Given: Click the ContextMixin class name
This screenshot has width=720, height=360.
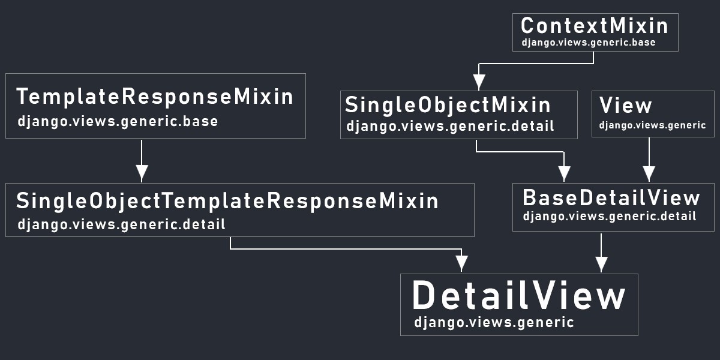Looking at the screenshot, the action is [595, 26].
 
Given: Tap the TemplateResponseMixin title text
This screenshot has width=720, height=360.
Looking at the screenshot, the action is [155, 97].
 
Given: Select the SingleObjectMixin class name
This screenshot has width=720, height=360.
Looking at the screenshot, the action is [448, 106].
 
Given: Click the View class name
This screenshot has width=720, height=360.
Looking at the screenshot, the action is [625, 105].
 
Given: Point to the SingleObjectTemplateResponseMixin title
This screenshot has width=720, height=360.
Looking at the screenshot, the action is [227, 202].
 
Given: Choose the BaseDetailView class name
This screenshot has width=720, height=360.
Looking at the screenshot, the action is [611, 197].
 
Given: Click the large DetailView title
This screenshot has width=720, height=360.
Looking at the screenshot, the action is [519, 295].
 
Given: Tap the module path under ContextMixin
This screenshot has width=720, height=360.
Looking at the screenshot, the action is [588, 43].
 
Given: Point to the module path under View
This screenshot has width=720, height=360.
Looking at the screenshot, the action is [652, 125].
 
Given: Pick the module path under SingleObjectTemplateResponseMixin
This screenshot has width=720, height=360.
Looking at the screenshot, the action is [121, 224].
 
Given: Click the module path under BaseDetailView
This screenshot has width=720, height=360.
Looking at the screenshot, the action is [610, 217].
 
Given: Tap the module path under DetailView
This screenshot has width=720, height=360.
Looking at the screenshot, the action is [494, 323].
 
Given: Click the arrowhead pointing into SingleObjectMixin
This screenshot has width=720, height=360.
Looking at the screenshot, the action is [479, 82].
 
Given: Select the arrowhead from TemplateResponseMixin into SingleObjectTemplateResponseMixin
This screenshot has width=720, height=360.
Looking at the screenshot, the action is [142, 173].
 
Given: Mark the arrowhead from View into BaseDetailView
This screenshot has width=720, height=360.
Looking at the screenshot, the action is [649, 173].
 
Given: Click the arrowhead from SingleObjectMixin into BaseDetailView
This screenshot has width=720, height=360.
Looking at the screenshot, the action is [564, 173].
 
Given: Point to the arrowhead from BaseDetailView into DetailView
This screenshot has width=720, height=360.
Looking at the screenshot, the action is [601, 264].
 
